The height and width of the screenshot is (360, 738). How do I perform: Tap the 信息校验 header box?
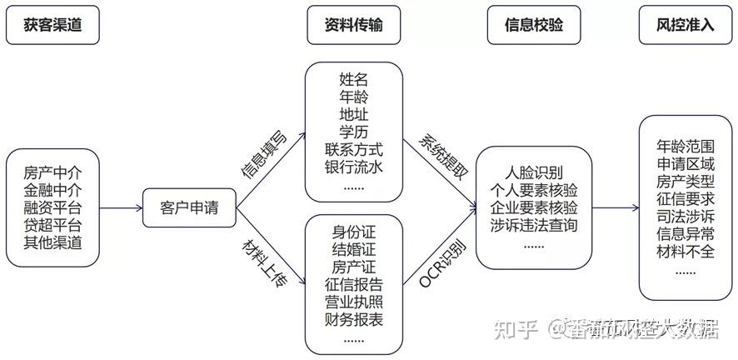(534, 25)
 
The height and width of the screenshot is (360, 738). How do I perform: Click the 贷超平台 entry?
(53, 226)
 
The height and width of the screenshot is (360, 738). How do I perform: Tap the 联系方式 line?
(354, 150)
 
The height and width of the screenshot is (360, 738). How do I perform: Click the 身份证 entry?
(354, 231)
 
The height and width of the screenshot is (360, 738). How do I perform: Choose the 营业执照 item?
(354, 301)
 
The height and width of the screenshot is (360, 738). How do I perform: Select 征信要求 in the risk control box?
(686, 198)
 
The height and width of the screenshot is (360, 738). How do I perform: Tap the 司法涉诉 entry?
(686, 216)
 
